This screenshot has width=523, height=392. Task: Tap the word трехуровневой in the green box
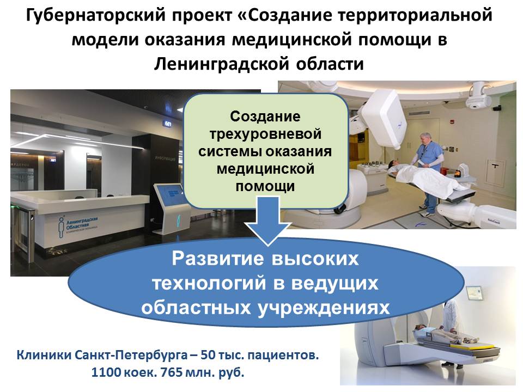point(265,134)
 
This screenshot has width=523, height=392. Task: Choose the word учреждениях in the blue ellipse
point(324,307)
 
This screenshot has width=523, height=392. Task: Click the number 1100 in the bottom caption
point(106,372)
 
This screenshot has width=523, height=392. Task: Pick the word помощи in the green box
point(265,186)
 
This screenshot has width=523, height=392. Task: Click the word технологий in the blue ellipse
point(209,283)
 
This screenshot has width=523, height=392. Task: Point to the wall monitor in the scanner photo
point(474,293)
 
